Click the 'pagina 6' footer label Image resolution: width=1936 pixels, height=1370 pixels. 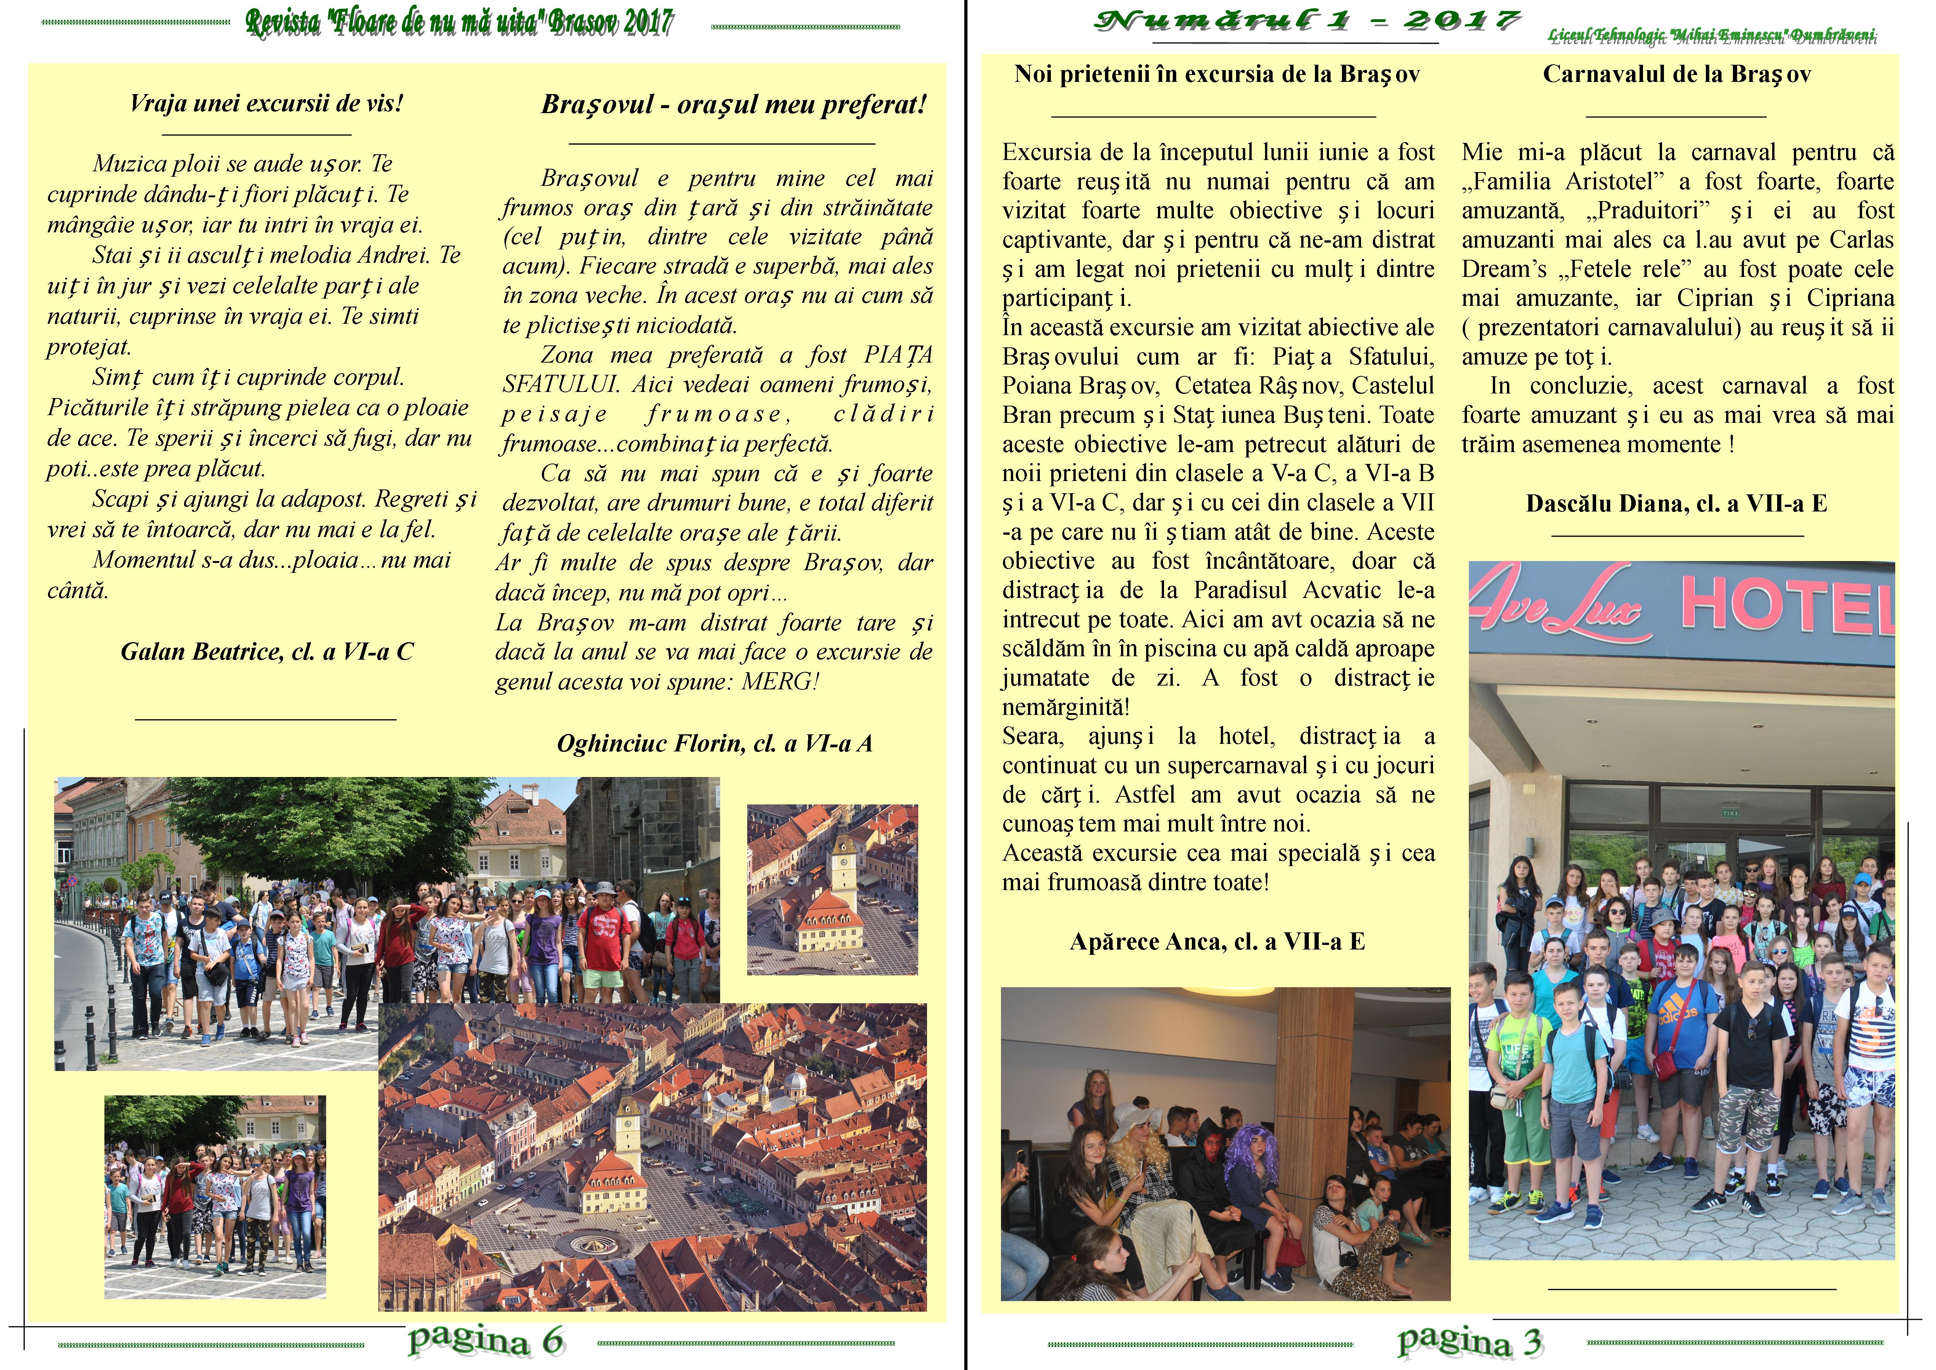[x=485, y=1340]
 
